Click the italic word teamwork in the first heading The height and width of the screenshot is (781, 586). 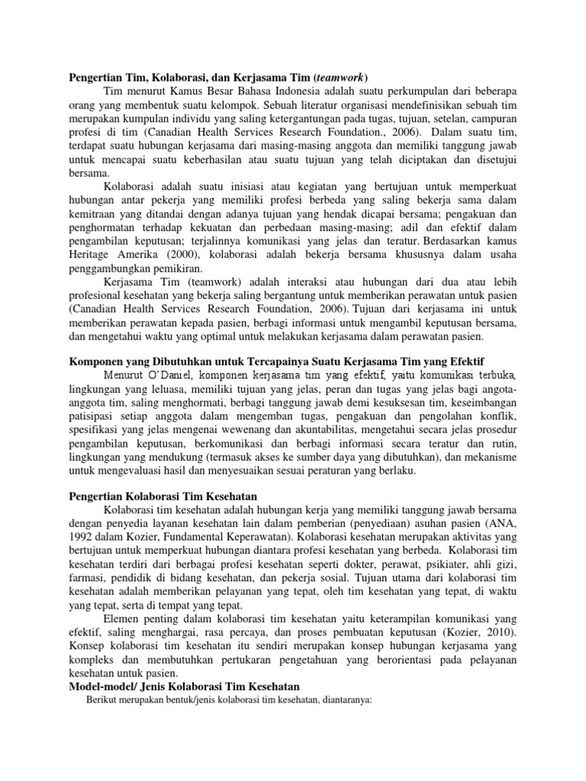coord(340,77)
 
